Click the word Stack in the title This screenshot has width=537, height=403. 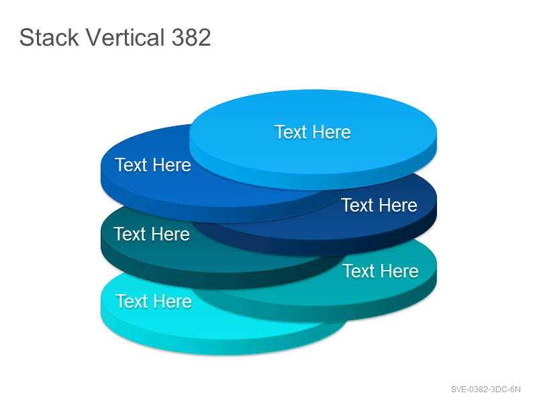49,37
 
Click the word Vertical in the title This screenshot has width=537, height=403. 125,37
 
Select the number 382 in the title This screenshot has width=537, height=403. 191,37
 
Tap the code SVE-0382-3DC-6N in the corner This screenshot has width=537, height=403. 485,390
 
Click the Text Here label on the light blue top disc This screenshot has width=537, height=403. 313,132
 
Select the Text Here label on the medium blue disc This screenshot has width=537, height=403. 153,165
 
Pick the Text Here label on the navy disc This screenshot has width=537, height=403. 379,206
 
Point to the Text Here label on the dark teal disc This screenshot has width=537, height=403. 152,234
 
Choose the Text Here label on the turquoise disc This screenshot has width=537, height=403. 381,271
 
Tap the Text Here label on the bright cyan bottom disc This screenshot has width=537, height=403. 154,301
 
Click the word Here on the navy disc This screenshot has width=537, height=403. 398,206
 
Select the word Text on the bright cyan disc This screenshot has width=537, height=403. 132,301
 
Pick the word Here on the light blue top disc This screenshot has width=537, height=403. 332,132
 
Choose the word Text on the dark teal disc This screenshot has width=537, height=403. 130,234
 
